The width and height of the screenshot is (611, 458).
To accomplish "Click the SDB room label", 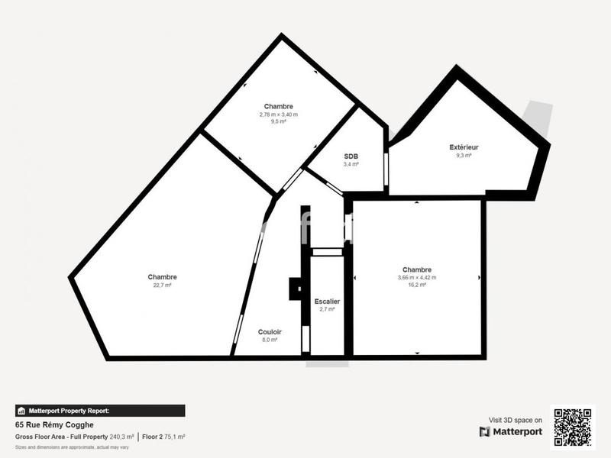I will (x=351, y=156).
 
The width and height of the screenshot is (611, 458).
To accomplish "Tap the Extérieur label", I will (x=464, y=147).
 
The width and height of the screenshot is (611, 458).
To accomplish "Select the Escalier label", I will (x=327, y=302).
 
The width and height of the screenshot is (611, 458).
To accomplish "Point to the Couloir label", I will (x=270, y=331).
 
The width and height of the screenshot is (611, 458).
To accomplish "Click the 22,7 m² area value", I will (x=162, y=285).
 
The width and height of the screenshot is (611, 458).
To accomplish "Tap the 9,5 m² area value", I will (x=278, y=121).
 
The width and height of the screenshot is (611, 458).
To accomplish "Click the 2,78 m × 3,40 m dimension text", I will (x=278, y=114).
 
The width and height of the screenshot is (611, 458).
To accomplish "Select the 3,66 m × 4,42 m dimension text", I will (x=417, y=277).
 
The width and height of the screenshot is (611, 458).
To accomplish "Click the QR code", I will (x=572, y=427).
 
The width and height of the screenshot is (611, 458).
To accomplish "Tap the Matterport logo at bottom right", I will (x=511, y=431).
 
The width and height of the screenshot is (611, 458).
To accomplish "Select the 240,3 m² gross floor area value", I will (x=121, y=437).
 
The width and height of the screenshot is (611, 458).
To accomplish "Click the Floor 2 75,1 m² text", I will (x=163, y=437).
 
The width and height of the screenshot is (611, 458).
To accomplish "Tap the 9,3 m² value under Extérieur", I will (x=464, y=155).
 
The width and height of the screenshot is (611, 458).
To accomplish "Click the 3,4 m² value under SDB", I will (x=351, y=163).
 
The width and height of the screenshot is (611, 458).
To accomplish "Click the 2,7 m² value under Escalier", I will (x=327, y=309).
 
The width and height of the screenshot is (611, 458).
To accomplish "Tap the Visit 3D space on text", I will (x=516, y=420).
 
